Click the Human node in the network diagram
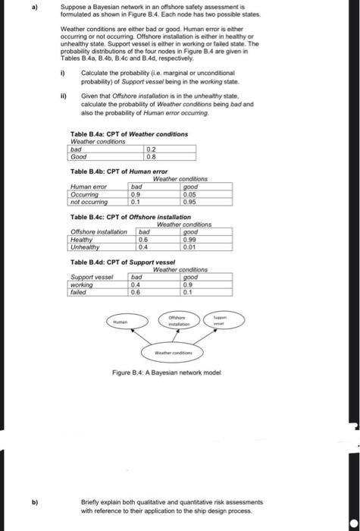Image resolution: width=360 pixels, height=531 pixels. tap(120, 322)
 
